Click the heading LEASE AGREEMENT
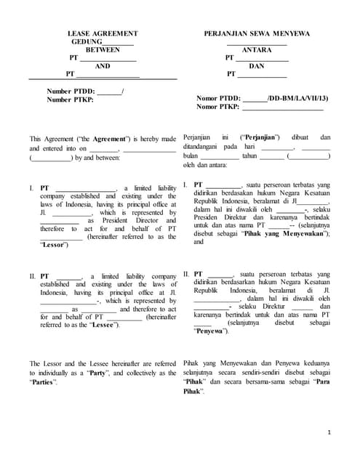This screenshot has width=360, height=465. pos(102,34)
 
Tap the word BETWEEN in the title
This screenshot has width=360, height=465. pos(103,50)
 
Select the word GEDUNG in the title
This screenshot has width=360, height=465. pos(85,42)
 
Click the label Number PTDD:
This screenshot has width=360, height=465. pos(71,92)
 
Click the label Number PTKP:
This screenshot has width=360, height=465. pos(71,100)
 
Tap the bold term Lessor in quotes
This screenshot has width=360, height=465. pos(55,245)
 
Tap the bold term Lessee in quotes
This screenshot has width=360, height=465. pos(105,325)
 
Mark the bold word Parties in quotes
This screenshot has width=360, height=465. pos(42,381)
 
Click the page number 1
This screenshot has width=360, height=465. pos(329,432)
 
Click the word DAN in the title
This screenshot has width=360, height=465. pos(256,65)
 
